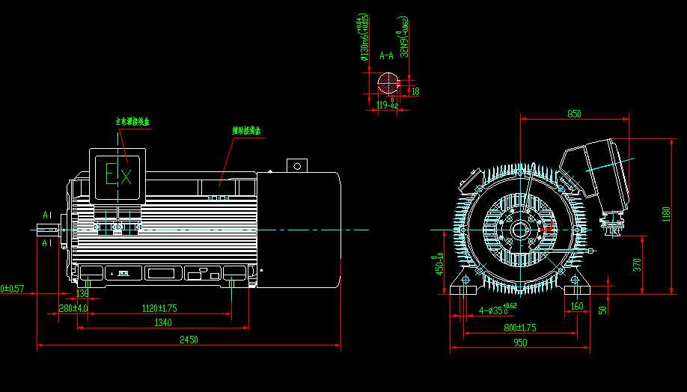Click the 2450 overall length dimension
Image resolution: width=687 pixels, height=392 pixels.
tap(189, 340)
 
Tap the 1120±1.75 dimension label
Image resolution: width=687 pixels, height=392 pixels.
tap(159, 308)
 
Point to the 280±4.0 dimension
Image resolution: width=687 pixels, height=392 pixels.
tap(73, 308)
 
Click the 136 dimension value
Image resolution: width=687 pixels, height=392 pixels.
tap(83, 294)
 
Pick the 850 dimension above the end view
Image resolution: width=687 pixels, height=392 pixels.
tap(574, 114)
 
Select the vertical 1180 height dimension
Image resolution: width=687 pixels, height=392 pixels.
tap(665, 215)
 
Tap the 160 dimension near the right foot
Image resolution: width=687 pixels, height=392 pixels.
tap(576, 307)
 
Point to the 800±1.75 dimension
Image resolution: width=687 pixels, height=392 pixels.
tap(520, 327)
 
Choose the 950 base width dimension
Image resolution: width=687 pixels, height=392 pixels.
tap(520, 343)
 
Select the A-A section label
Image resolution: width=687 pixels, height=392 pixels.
tap(387, 55)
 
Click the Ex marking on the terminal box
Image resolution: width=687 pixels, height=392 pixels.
tap(117, 177)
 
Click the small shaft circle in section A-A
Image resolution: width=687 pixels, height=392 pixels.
tap(388, 82)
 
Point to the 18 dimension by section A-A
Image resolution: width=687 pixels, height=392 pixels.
tap(415, 91)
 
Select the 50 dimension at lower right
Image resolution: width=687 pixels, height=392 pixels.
tap(602, 310)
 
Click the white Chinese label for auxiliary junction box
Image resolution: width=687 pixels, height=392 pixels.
tap(246, 131)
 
